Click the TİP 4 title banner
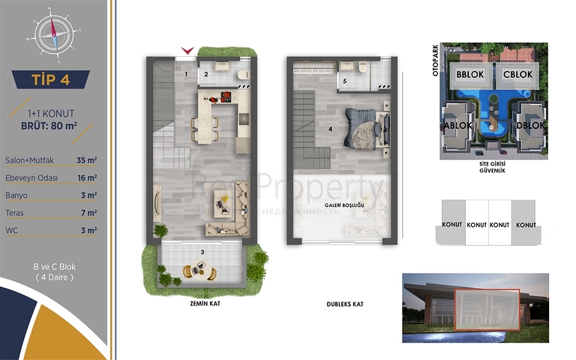pos(52,79)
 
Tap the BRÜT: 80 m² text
pos(50,125)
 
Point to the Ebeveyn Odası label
pos(31,178)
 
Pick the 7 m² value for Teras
pos(91,213)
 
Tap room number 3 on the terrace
pos(202,251)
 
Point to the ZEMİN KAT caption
pos(200,305)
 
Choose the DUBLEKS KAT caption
pos(344,305)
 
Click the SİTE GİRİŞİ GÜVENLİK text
pos(491,166)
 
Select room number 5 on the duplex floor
pos(344,80)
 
